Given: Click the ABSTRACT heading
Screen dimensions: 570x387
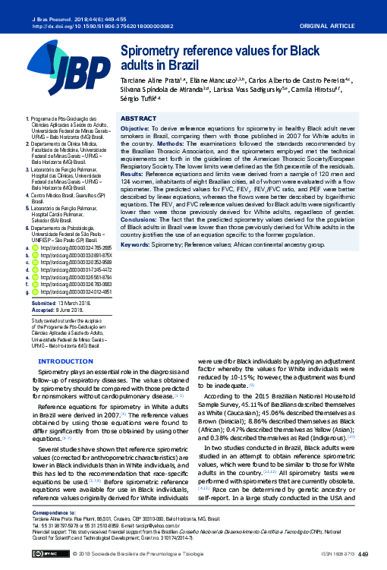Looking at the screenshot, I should coord(139,119).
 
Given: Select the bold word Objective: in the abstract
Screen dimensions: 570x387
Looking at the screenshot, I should coord(135,129).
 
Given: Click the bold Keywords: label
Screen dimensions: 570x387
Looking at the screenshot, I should coord(136,245).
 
